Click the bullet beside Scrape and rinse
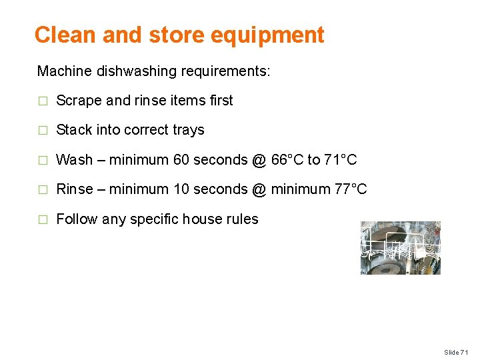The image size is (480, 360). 43,101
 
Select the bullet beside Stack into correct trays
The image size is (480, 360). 43,131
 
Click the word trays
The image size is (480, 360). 187,131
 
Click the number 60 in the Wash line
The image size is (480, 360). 181,160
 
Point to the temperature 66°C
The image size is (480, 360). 287,160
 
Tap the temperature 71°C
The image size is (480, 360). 341,160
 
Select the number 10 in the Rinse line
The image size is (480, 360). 181,189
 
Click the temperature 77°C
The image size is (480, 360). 351,189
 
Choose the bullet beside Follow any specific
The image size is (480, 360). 43,220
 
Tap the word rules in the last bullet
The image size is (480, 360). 242,219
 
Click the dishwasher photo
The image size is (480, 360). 400,248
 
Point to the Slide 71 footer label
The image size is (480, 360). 457,352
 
